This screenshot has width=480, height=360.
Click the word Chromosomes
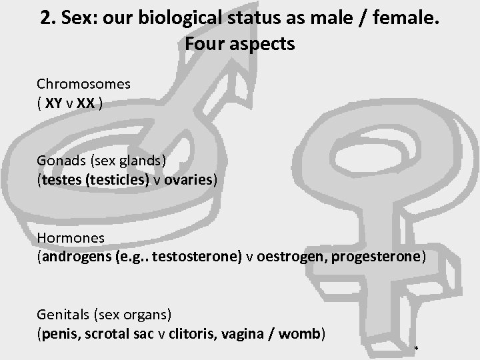(x=83, y=85)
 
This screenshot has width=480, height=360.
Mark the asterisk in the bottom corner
(x=416, y=349)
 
